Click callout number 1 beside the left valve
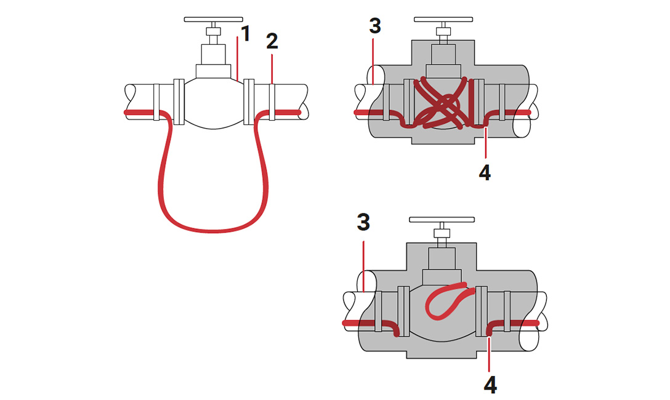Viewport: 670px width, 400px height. pos(246,33)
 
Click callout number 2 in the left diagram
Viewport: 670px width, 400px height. pos(272,42)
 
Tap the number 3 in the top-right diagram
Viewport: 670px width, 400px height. pos(375,26)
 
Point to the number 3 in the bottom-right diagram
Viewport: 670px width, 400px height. pos(363,222)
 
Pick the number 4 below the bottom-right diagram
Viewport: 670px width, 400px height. pos(490,385)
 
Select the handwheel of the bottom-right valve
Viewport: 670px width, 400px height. pos(442,218)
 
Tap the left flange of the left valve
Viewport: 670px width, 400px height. pos(179,102)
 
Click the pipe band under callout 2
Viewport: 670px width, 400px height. pos(272,102)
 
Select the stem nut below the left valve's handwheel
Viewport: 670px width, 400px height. pos(213,31)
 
